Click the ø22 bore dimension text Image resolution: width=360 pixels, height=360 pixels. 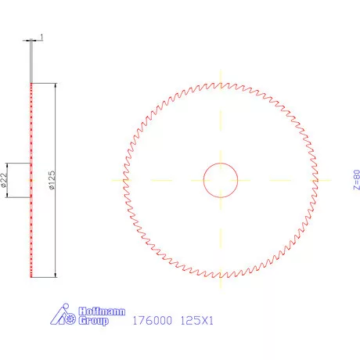tap(5, 181)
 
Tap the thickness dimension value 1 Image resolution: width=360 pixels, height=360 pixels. tap(41, 37)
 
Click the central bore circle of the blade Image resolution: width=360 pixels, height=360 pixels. tap(221, 180)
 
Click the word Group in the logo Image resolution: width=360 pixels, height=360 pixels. tap(93, 321)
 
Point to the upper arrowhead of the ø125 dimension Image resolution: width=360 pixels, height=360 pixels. tap(56, 85)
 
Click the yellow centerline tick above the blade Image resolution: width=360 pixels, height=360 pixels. tap(221, 77)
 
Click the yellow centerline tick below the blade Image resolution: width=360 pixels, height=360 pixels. tap(221, 283)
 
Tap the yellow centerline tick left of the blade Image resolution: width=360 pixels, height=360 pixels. tap(118, 180)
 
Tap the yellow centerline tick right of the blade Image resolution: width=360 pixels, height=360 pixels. tap(322, 180)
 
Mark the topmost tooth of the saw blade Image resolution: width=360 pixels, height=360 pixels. tap(221, 83)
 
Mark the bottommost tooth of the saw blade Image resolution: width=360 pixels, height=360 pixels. tap(221, 277)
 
